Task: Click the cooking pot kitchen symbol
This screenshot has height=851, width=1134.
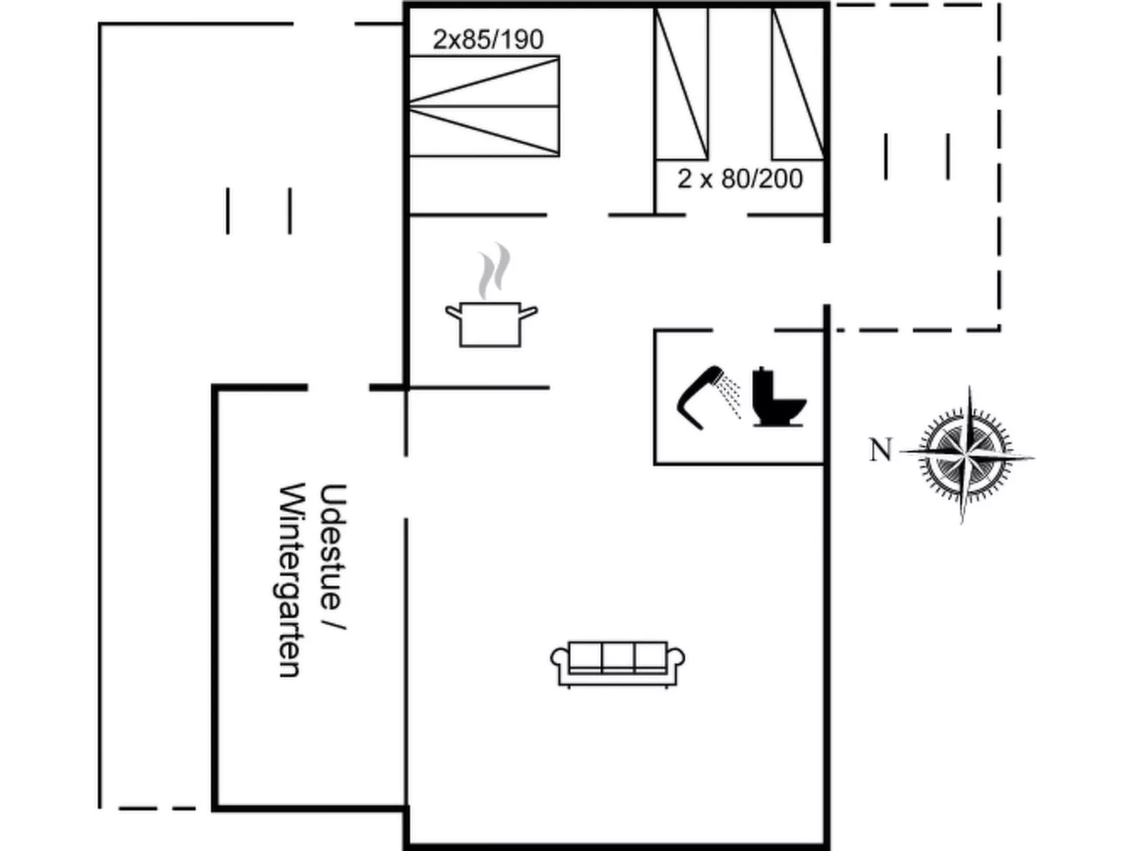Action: [x=491, y=323]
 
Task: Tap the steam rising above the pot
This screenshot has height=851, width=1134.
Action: [x=494, y=270]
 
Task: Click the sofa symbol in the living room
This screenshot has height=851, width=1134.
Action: [x=617, y=665]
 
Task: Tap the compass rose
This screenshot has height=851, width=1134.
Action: [x=966, y=455]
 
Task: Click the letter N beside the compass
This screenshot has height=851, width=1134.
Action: [x=881, y=450]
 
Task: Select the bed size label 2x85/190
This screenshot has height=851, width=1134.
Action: [x=488, y=40]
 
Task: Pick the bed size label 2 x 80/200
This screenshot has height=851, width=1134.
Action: [x=740, y=179]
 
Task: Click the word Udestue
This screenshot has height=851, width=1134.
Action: [x=333, y=546]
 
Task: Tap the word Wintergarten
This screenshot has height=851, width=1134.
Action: [x=290, y=580]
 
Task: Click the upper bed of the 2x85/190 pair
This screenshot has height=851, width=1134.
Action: [x=484, y=81]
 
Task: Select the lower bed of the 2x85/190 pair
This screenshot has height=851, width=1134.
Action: [x=484, y=131]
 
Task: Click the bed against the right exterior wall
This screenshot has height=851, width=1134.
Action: [x=798, y=84]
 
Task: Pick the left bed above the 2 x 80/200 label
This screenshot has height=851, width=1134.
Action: [x=681, y=84]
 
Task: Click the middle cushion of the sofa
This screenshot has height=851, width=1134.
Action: [x=618, y=657]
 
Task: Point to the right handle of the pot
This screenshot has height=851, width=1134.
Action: [x=528, y=313]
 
